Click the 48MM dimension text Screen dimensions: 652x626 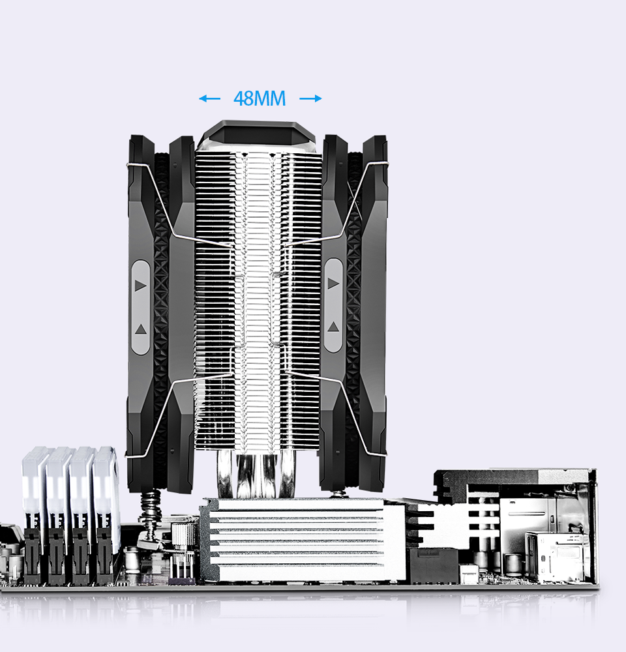click(x=260, y=98)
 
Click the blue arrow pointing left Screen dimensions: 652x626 click(x=209, y=98)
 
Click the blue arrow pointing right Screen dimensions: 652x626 click(x=311, y=98)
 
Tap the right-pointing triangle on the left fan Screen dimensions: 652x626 click(x=140, y=286)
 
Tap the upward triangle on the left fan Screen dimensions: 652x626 click(x=140, y=328)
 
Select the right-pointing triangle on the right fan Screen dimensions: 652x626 click(x=333, y=283)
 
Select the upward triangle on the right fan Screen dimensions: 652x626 click(x=333, y=326)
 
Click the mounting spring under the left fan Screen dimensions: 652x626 click(x=151, y=512)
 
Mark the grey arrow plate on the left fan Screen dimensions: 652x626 click(x=141, y=306)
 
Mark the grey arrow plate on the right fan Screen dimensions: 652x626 click(x=333, y=304)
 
